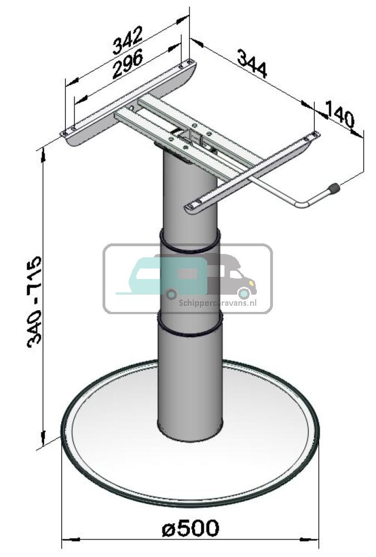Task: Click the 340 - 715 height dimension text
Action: pos(35,301)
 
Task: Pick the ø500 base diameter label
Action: pos(191,527)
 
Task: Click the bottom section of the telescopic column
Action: pos(190,384)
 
